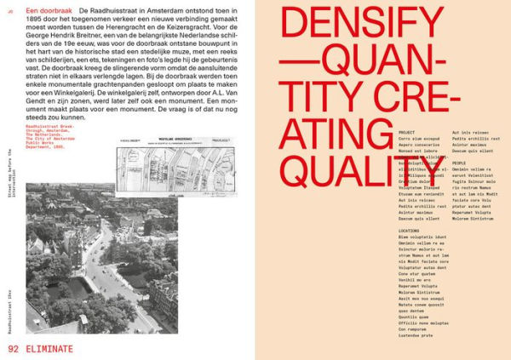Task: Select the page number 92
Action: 14,348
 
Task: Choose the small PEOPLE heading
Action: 460,163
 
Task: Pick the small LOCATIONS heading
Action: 410,231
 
